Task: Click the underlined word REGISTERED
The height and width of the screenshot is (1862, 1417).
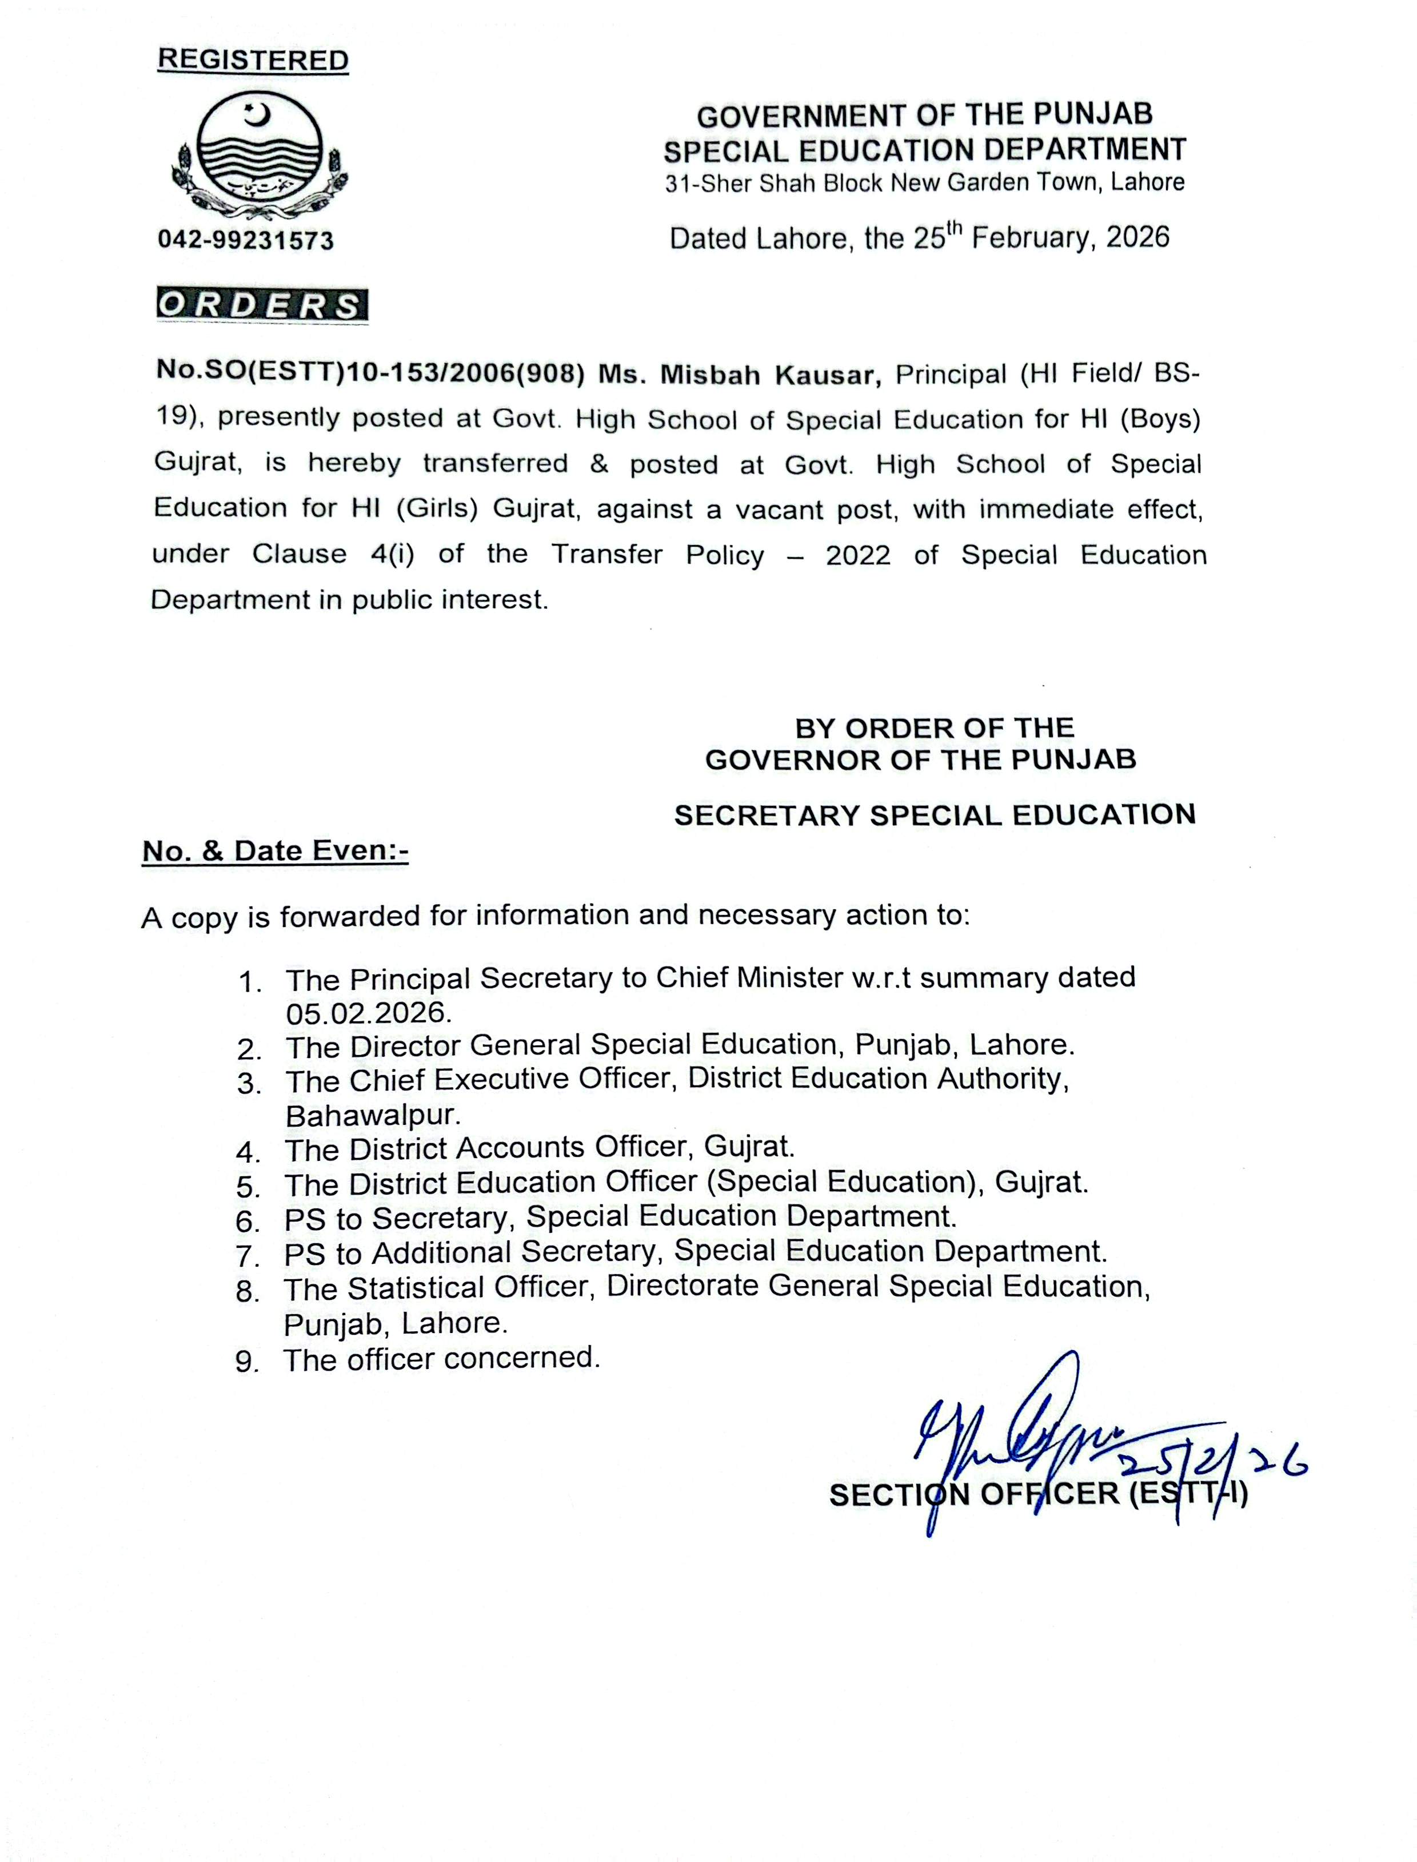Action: tap(253, 61)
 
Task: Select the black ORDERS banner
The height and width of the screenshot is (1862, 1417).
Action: tap(261, 305)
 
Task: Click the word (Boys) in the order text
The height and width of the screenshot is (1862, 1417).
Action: tap(1160, 419)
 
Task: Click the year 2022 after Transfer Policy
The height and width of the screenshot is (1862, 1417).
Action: tap(858, 555)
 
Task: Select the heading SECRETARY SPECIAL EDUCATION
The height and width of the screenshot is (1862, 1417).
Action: tap(935, 815)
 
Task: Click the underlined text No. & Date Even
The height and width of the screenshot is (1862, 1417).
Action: tap(275, 850)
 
